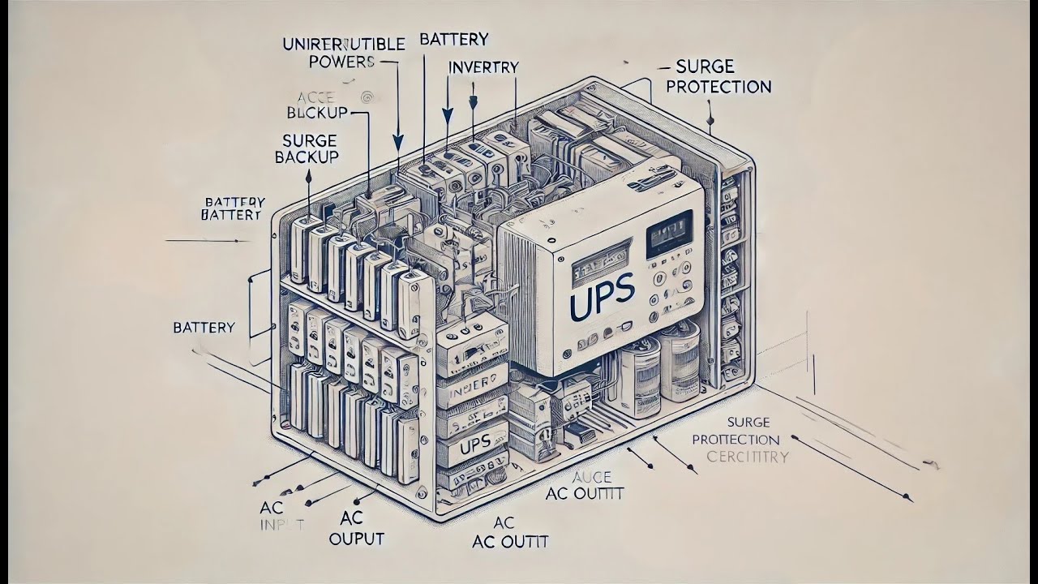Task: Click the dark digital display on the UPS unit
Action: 668,234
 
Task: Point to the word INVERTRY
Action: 483,68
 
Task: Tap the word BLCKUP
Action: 317,111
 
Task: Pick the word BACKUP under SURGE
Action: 306,157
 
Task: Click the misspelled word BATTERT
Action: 231,215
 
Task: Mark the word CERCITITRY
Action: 747,457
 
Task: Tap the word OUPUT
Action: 357,539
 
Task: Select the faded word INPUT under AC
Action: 281,525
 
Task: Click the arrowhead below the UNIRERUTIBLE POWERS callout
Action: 397,141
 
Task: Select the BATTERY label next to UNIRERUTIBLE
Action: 454,39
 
